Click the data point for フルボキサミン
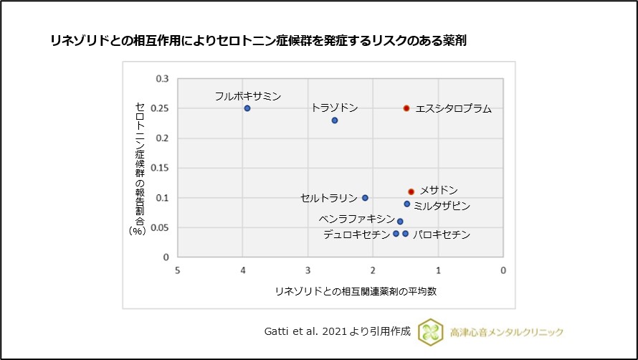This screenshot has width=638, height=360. [247, 108]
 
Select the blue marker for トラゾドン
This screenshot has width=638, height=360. [335, 120]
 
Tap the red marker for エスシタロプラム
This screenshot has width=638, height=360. [406, 108]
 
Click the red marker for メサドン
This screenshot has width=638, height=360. [411, 191]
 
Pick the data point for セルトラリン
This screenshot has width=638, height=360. [365, 198]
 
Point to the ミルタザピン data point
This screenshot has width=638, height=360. [407, 204]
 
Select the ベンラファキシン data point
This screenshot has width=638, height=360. [400, 222]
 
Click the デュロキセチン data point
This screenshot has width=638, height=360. [396, 234]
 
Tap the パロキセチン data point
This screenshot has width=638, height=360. [406, 234]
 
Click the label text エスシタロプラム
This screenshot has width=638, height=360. [454, 109]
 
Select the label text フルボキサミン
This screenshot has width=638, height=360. [248, 95]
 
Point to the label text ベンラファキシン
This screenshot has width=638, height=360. [356, 219]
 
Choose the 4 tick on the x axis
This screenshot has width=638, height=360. [242, 270]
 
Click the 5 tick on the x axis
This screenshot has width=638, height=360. [177, 270]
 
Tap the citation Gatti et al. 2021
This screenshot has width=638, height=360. [337, 331]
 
